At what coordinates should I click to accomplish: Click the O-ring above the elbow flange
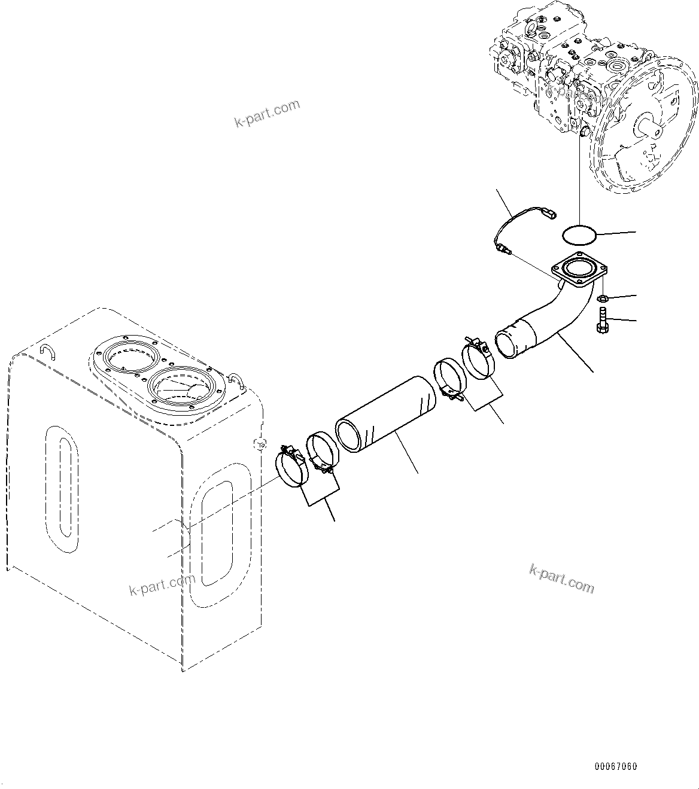[x=579, y=235]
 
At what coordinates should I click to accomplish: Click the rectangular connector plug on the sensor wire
[x=550, y=211]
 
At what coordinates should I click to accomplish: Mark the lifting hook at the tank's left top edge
[x=45, y=351]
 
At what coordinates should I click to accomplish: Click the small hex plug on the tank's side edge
[x=259, y=443]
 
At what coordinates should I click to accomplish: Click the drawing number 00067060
[x=615, y=766]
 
